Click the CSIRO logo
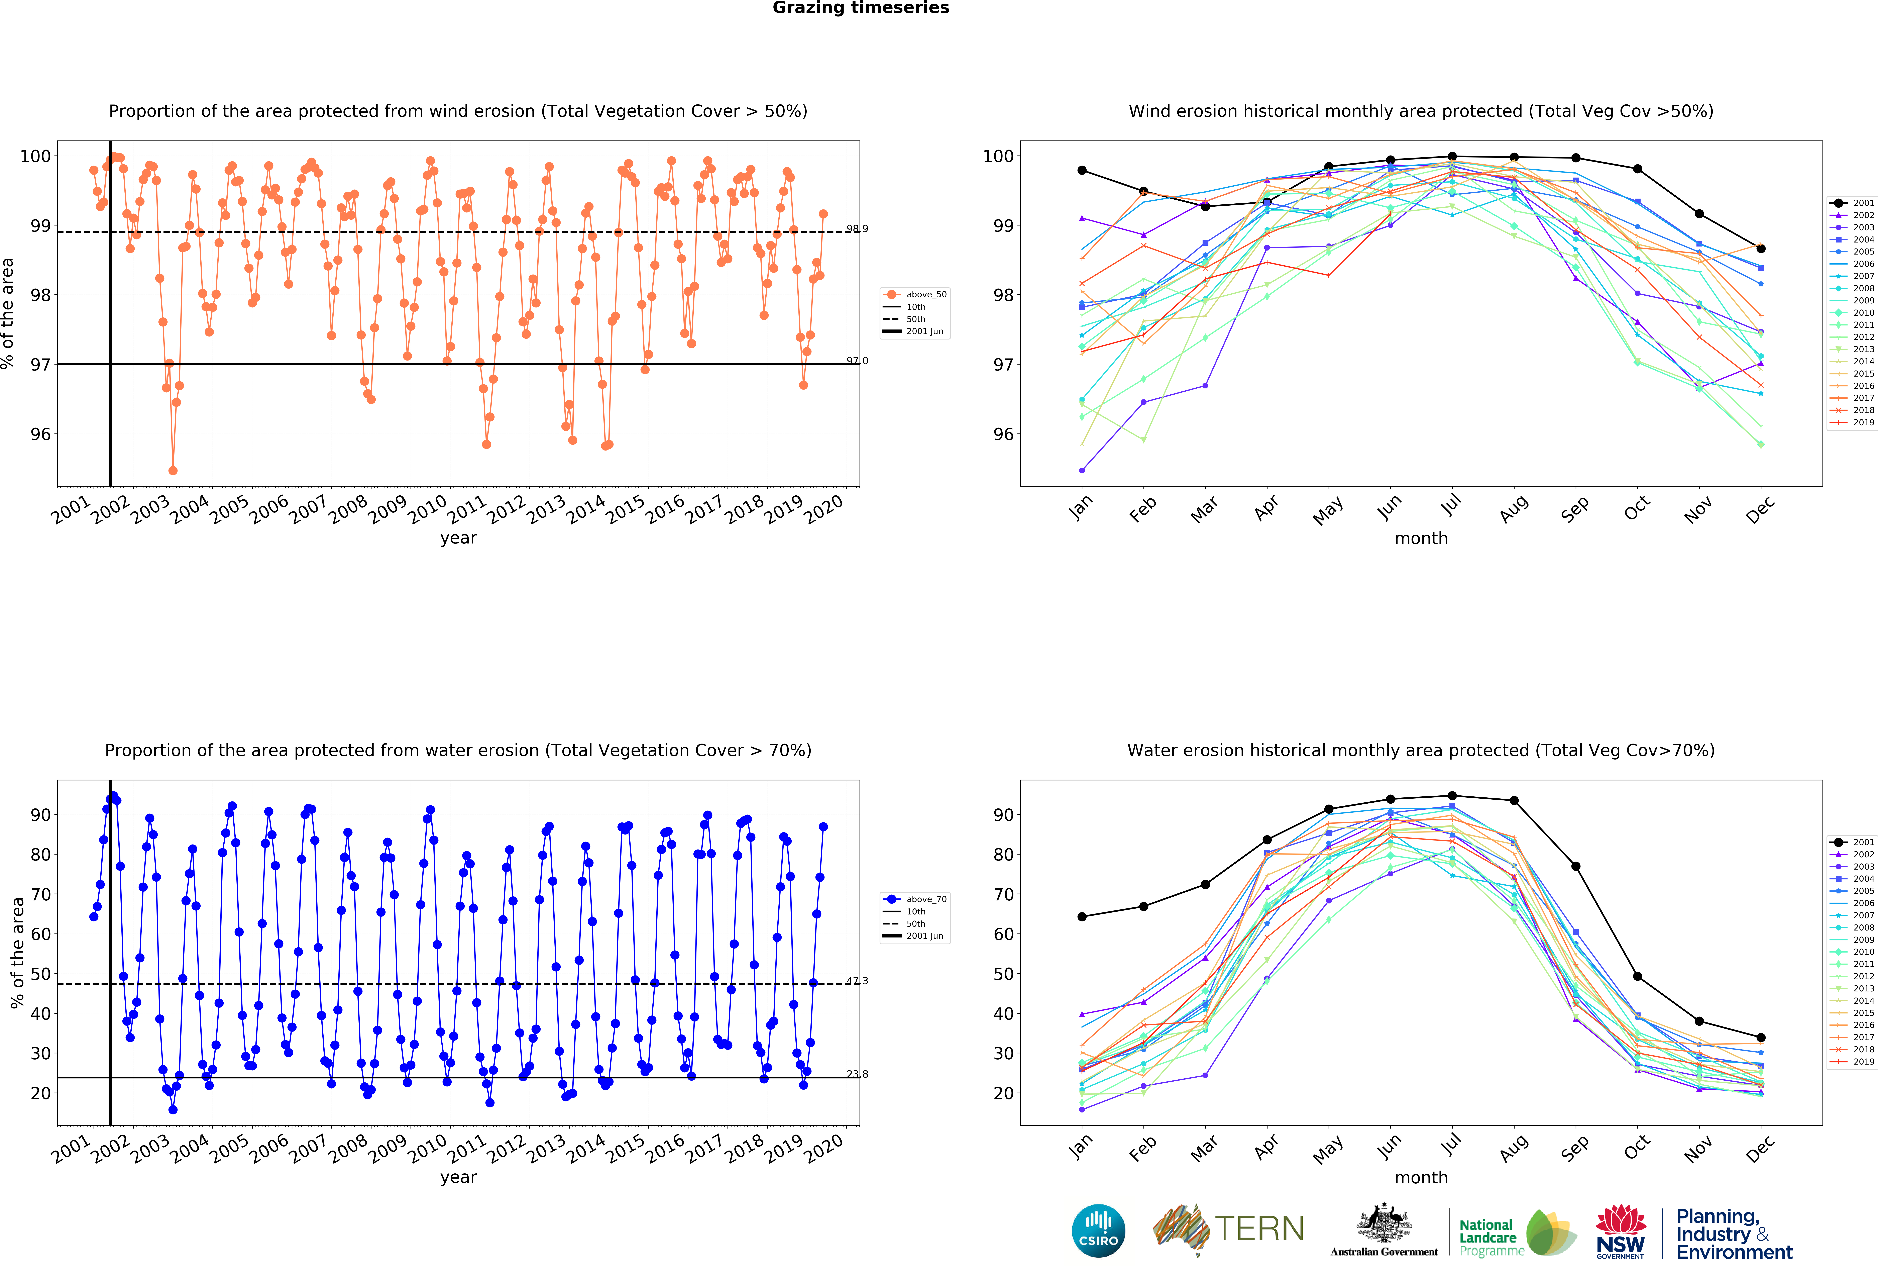coord(1098,1231)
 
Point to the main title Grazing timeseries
coord(861,8)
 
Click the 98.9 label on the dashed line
coord(857,229)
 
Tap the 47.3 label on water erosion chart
coord(857,981)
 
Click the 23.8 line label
coord(857,1074)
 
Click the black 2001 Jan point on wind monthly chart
coord(1082,171)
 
